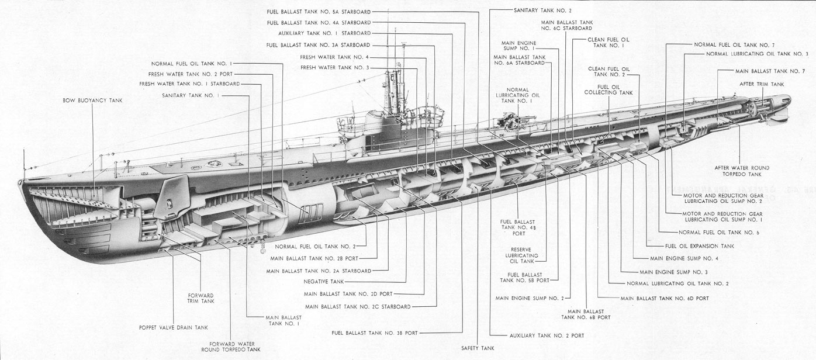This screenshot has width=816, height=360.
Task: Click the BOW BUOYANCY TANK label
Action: coord(92,100)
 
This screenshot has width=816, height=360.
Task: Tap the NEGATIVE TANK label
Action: coord(323,282)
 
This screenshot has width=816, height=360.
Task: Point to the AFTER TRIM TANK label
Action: coord(762,84)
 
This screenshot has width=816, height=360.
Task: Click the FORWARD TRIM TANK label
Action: coord(200,299)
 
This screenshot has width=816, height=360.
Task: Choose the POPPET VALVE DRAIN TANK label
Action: coord(174,328)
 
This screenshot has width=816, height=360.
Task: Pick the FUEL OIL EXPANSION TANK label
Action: coord(700,246)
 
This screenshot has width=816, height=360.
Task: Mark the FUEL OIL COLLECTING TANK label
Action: coord(608,90)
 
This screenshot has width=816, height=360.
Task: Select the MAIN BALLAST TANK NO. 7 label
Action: coord(770,71)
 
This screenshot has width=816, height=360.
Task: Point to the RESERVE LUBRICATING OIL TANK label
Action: coord(521,255)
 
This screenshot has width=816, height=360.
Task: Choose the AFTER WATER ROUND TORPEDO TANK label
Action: coord(742,171)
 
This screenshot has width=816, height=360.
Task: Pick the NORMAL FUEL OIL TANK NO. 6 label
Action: coord(719,233)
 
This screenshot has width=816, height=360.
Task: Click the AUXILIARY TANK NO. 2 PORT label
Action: coord(547,335)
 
